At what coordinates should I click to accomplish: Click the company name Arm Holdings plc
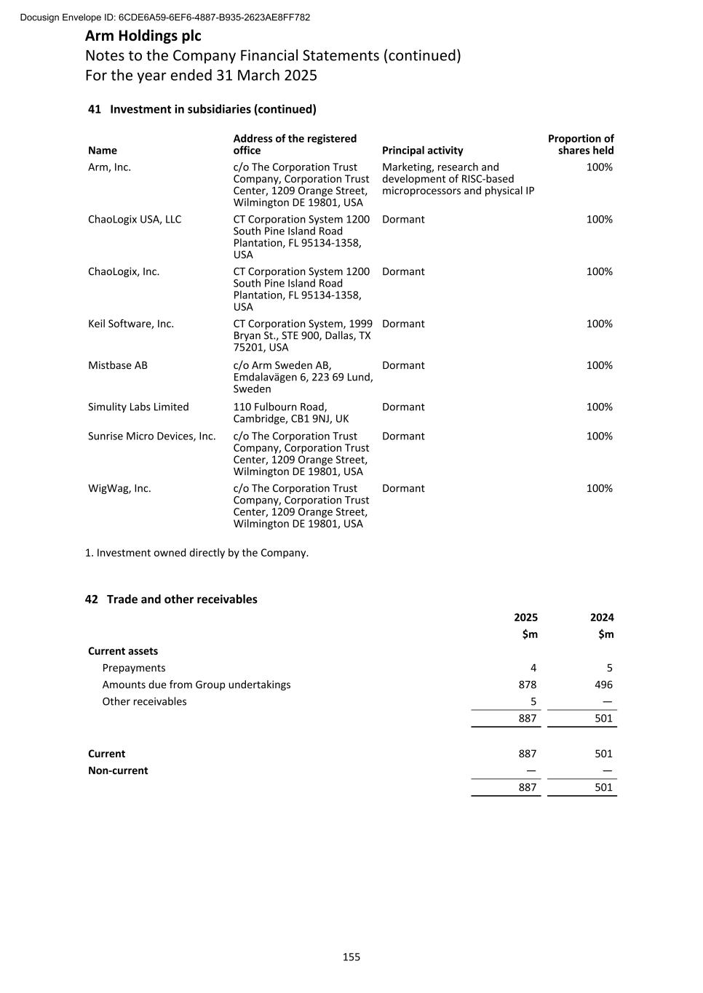(143, 36)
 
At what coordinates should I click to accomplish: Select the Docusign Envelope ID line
(165, 17)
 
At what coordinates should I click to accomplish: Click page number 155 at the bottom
(351, 957)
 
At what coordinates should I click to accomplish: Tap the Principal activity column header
(422, 151)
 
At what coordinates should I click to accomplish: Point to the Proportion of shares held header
(581, 144)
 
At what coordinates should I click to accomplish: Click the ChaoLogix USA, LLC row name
(135, 219)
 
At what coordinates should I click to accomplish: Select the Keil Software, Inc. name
(131, 324)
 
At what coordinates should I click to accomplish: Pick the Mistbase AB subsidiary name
(118, 365)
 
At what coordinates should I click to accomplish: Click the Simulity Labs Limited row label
(138, 407)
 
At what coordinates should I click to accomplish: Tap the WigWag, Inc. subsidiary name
(119, 488)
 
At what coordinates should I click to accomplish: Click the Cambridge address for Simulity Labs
(291, 412)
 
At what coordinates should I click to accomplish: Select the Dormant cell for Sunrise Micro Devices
(403, 436)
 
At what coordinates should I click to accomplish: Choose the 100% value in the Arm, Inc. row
(600, 167)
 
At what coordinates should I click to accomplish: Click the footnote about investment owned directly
(196, 553)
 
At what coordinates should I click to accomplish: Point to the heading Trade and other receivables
(182, 599)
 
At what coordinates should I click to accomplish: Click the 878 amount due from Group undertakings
(528, 685)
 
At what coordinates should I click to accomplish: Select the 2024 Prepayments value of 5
(609, 668)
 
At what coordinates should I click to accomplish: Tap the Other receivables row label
(144, 701)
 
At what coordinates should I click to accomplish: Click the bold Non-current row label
(118, 770)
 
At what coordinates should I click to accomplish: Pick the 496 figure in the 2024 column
(603, 685)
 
